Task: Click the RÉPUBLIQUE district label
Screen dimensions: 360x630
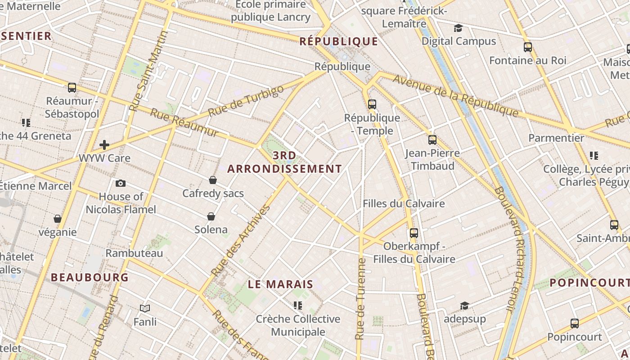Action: [x=339, y=41]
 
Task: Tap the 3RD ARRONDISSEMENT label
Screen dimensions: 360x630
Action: [x=284, y=162]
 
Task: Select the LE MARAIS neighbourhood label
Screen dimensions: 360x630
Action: [x=280, y=284]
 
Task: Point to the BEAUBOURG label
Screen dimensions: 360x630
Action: [x=90, y=277]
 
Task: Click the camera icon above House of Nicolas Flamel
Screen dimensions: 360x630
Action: [x=121, y=183]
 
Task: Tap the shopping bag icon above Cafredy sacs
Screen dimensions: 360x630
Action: [x=213, y=180]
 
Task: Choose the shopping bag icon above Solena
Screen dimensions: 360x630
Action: [x=211, y=216]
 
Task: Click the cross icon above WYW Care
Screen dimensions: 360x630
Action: [x=104, y=145]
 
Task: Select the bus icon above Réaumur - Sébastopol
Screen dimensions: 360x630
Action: [x=72, y=88]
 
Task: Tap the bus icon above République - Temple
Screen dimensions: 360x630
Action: [x=372, y=104]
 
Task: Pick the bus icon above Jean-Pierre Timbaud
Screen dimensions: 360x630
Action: [x=432, y=140]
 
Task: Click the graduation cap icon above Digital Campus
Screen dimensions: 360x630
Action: [x=458, y=28]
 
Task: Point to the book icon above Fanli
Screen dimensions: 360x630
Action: [x=145, y=308]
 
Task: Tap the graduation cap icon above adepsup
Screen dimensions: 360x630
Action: [x=464, y=306]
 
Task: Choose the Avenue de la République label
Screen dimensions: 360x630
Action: [x=455, y=95]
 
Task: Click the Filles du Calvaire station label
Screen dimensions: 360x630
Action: [x=404, y=204]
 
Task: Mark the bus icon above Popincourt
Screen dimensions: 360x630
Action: [x=574, y=323]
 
